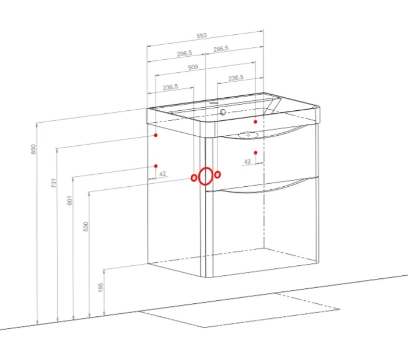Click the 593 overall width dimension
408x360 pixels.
point(202,36)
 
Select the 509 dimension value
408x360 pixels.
point(193,67)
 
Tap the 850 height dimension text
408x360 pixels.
point(33,149)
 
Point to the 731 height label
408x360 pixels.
point(54,183)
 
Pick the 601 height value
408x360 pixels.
point(69,200)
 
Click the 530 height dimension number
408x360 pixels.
point(86,227)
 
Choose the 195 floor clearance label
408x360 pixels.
point(100,287)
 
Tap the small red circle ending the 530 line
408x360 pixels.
point(194,177)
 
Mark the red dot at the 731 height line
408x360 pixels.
point(155,135)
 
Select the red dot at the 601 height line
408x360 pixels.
point(156,166)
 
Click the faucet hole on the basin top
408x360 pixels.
point(214,103)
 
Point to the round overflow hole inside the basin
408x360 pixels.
point(223,112)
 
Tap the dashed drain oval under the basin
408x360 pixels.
point(248,135)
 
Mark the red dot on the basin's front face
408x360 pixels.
point(256,122)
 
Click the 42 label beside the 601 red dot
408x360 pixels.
point(163,174)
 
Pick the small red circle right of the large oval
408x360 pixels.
point(218,174)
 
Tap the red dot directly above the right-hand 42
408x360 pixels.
point(256,152)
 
